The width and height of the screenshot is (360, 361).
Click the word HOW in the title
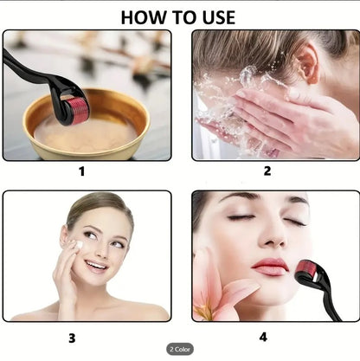[143, 16]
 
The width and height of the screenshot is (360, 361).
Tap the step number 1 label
[82, 171]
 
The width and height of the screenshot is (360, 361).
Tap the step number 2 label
[267, 171]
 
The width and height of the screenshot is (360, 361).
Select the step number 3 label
[72, 337]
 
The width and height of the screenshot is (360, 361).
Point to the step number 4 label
[263, 337]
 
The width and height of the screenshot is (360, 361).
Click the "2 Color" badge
[180, 348]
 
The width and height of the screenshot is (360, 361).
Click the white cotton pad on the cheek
[75, 247]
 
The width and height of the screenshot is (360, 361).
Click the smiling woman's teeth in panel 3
[97, 266]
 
